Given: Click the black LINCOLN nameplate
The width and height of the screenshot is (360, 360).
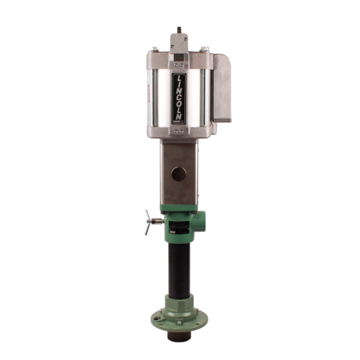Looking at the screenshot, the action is (179, 97).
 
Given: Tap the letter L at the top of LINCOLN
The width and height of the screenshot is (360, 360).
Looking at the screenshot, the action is (180, 78).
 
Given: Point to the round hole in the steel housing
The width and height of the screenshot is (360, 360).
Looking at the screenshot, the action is (178, 174).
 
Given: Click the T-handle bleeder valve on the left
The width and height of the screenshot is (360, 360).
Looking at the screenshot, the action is (154, 222).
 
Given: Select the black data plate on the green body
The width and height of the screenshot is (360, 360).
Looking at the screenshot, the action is (178, 226).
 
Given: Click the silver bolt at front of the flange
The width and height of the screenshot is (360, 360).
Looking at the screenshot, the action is (178, 323).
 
